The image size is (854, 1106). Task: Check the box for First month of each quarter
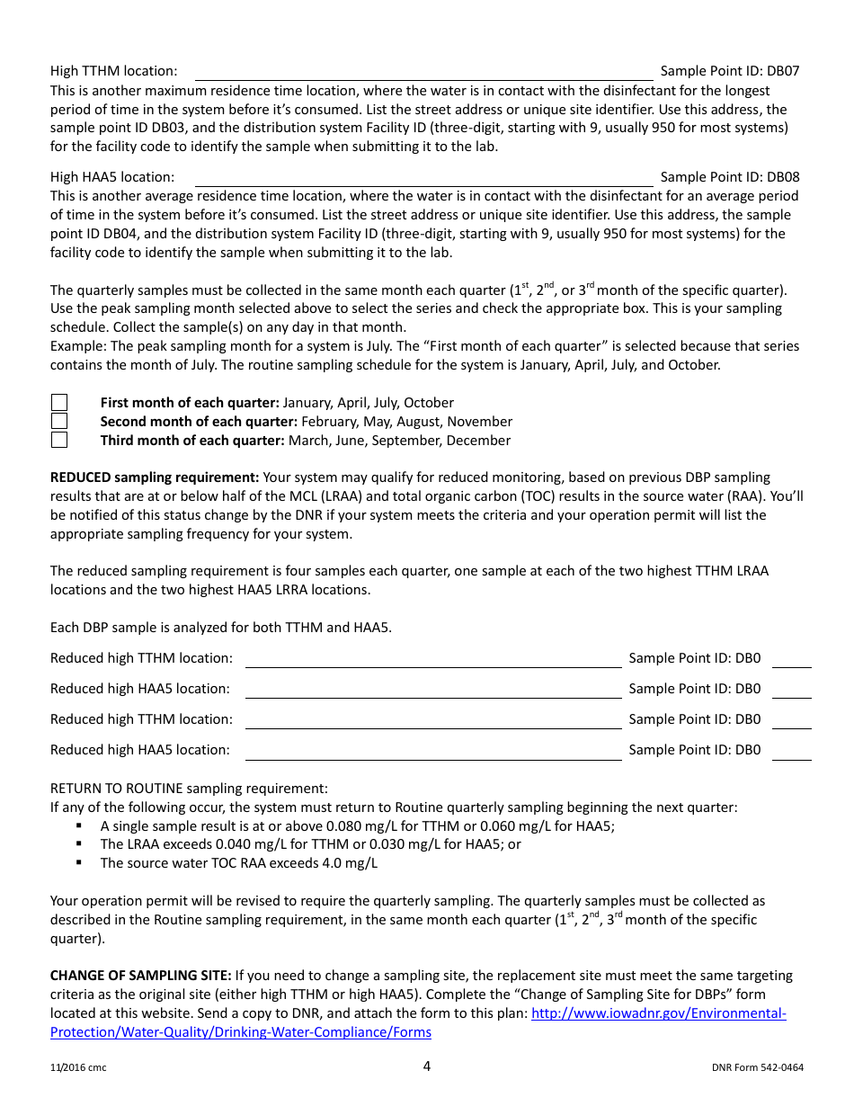59,403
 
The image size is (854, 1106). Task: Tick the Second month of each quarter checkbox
59,422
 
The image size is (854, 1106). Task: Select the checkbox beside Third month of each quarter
59,441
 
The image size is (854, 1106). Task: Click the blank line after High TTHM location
423,72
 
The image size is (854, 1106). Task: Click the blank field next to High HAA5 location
423,178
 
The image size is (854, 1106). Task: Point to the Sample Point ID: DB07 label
729,71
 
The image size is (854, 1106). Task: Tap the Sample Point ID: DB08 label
729,177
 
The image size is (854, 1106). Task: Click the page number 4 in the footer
427,1066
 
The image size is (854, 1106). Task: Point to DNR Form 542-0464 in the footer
757,1068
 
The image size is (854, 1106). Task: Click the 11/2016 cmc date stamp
78,1068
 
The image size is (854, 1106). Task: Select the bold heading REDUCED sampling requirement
155,477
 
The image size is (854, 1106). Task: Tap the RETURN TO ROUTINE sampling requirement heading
189,789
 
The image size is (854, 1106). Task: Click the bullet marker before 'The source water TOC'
79,863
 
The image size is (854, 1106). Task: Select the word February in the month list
329,422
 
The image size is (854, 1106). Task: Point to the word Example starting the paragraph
76,346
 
